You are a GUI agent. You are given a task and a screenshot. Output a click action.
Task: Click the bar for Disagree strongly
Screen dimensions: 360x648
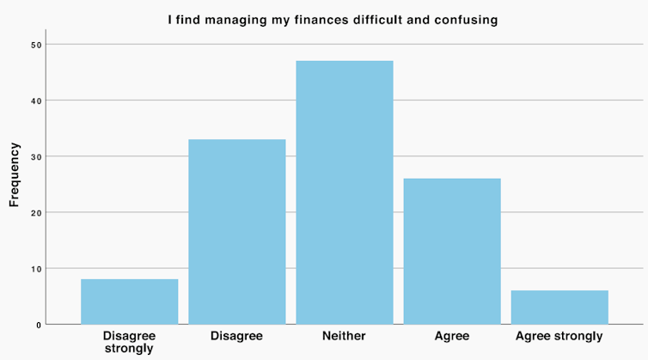[129, 302]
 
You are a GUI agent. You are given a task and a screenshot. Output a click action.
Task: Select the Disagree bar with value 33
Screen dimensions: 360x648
[236, 232]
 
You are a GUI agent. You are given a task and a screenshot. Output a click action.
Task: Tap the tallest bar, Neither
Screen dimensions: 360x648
[344, 192]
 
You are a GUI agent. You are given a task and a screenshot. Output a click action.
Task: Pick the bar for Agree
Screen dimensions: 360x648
[451, 251]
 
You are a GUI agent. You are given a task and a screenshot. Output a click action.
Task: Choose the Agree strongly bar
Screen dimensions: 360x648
[559, 307]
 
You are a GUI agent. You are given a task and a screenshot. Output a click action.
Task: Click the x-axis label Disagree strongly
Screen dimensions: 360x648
[129, 342]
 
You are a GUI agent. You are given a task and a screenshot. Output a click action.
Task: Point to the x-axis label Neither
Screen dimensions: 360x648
[344, 336]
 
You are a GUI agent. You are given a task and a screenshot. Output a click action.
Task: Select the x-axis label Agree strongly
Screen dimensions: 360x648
[559, 336]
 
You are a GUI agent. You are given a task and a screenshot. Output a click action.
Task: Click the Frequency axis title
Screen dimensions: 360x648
[15, 175]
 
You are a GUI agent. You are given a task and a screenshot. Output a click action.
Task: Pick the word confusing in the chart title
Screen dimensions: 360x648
[465, 20]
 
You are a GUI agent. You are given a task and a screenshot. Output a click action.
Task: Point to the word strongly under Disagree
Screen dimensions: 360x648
[129, 349]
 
